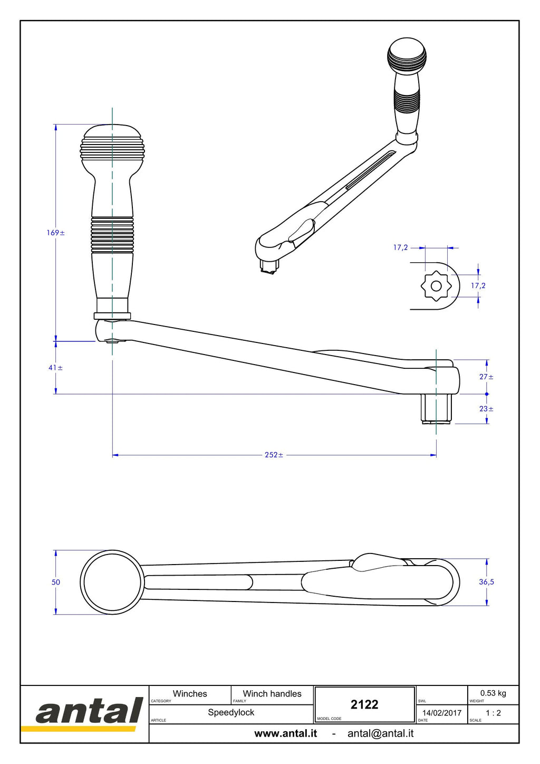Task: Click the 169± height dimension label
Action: (x=55, y=233)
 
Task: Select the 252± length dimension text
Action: (x=274, y=455)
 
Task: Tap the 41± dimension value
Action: (x=55, y=368)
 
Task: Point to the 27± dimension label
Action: (x=487, y=377)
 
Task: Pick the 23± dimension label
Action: (x=487, y=408)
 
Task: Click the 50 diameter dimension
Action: (x=55, y=582)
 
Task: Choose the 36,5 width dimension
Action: (x=487, y=582)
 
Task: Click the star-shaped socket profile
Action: (x=436, y=286)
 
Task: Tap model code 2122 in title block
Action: (x=364, y=704)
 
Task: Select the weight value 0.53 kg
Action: (x=493, y=693)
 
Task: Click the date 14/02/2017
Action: (x=442, y=713)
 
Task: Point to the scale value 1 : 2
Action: (x=493, y=713)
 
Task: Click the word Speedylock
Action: (x=231, y=712)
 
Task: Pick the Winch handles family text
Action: (x=272, y=694)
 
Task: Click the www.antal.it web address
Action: (x=286, y=733)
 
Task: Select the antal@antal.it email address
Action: (x=380, y=733)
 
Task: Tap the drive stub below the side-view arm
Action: (x=436, y=409)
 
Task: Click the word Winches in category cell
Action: (x=190, y=694)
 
